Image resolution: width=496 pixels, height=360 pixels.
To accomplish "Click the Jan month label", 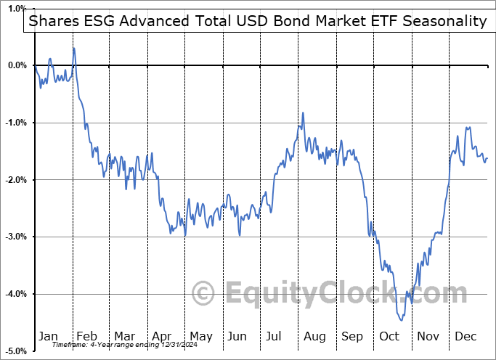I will pos(48,336).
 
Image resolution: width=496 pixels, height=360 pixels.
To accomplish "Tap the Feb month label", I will pos(87,336).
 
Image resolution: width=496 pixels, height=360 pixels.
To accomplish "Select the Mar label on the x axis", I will pos(125,336).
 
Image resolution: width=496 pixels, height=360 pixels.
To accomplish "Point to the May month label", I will pos(201,336).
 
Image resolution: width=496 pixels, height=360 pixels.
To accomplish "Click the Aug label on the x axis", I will pos(315,336).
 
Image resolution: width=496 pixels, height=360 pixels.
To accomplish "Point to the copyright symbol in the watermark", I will pos(204,293).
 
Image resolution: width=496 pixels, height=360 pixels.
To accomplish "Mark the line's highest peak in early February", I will pos(74,48).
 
